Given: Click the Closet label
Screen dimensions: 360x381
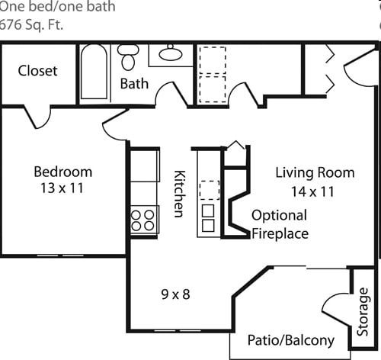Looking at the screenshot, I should tap(38, 70).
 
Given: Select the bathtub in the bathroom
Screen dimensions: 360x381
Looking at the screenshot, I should tap(94, 72).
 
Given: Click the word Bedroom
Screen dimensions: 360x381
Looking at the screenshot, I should tap(62, 172).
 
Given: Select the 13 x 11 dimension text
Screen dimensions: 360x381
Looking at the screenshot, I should tap(62, 187).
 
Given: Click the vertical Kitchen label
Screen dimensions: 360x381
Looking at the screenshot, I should tap(180, 193).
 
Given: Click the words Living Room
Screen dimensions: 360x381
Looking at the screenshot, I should tap(315, 172).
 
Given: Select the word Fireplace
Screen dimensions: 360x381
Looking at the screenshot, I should tap(280, 233).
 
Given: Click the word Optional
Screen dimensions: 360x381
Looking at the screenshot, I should tap(279, 215).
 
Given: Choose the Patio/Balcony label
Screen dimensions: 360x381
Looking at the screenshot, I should tap(291, 340).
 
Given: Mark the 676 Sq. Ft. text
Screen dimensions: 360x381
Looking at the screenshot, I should tap(32, 23).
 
